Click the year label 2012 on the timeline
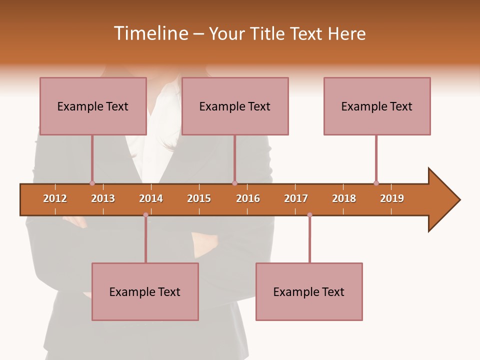[55, 198]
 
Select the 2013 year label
[103, 198]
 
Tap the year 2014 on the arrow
[151, 198]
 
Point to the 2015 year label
[199, 198]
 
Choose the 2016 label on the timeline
[248, 198]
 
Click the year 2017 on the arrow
[296, 198]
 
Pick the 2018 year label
[344, 198]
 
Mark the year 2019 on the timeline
[392, 198]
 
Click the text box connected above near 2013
[93, 106]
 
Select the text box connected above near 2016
[235, 106]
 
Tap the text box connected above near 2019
[377, 106]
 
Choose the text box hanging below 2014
[145, 291]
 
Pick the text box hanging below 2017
[309, 291]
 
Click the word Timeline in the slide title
[150, 33]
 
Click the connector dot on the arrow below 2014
[145, 215]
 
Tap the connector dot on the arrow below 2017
[309, 215]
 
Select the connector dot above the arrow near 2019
[376, 183]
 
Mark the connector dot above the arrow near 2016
[234, 183]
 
